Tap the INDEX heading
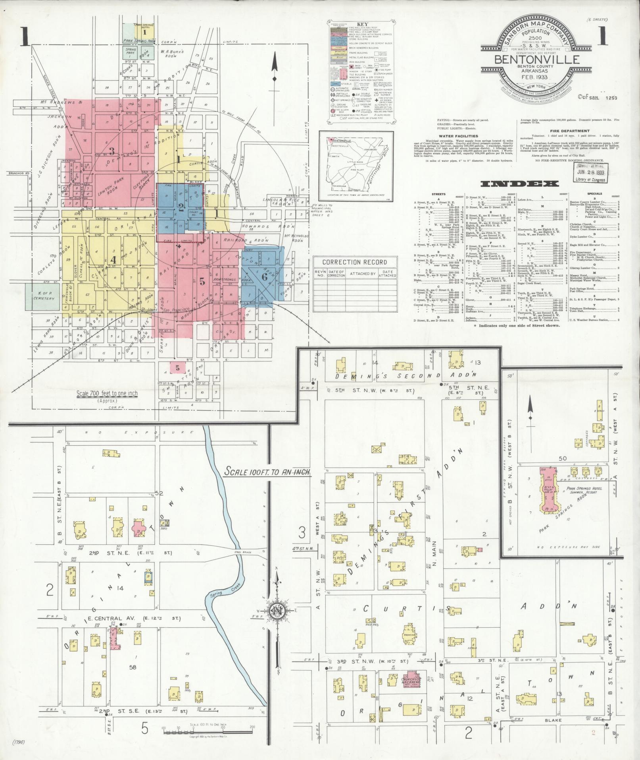[x=519, y=184]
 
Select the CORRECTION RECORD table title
[x=354, y=262]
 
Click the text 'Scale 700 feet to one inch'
[x=107, y=393]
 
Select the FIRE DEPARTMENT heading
[x=569, y=130]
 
